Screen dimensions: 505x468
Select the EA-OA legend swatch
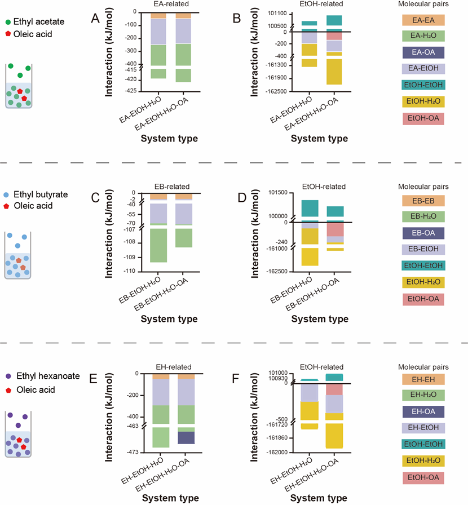coord(423,52)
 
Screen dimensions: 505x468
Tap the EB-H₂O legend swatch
coord(423,216)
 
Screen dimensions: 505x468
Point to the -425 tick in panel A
coord(131,91)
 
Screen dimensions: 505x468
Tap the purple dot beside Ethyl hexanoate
coord(7,376)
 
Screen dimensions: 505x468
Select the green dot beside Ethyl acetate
coord(7,22)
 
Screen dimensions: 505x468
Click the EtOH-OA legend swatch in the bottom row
coord(423,478)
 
